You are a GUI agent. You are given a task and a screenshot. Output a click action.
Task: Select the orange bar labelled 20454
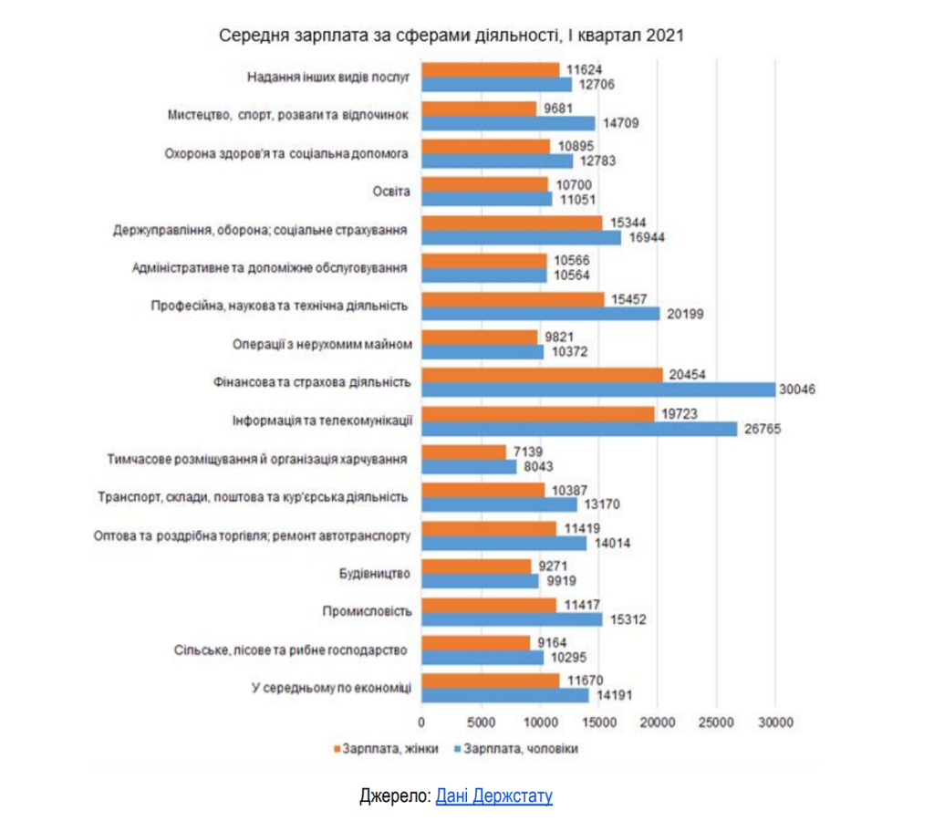[542, 375]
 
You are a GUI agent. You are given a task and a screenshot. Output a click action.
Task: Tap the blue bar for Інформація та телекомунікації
[579, 428]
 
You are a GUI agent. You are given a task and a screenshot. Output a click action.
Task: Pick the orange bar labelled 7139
[463, 452]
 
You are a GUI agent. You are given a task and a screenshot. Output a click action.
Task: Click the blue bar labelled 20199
[541, 313]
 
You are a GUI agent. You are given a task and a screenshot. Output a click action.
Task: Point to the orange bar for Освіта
[484, 184]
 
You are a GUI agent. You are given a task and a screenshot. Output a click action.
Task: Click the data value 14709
[618, 122]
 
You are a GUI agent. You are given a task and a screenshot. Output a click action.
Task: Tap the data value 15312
[627, 618]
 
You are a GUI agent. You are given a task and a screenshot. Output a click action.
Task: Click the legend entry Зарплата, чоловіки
[515, 749]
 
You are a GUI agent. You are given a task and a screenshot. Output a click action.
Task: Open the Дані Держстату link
[494, 796]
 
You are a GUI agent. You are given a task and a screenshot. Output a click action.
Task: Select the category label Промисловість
[368, 612]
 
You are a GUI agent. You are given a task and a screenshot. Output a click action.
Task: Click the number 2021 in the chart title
[664, 36]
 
